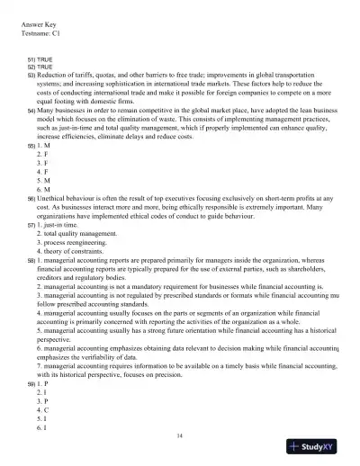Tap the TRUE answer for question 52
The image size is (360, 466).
(x=45, y=66)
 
